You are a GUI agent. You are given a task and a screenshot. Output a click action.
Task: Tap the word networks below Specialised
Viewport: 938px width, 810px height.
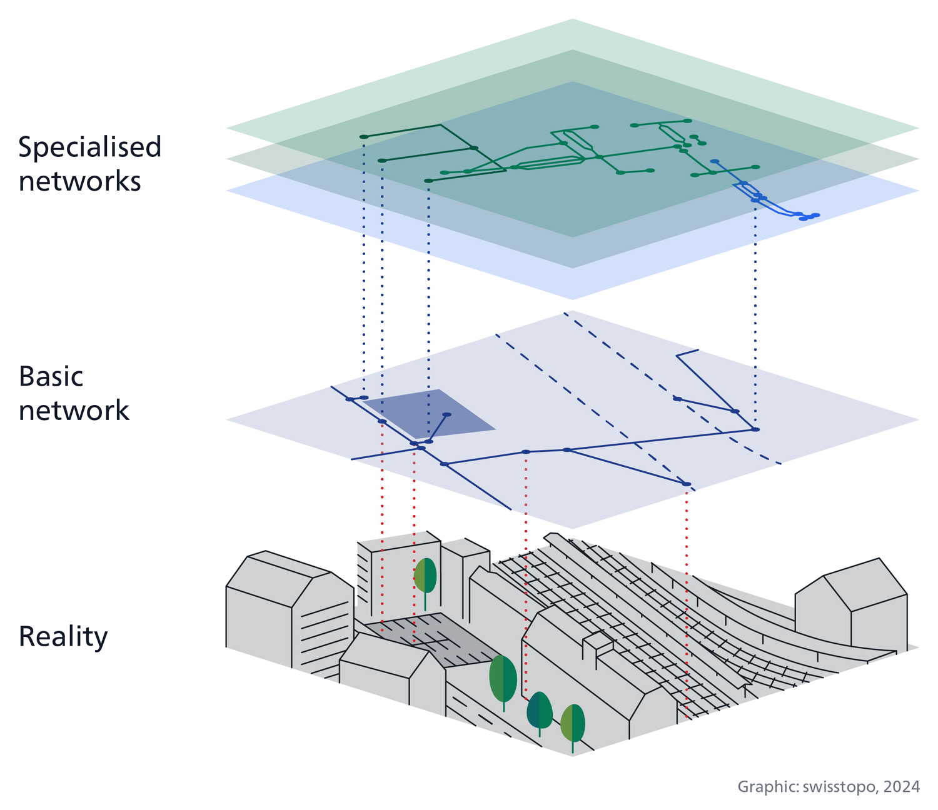pos(79,182)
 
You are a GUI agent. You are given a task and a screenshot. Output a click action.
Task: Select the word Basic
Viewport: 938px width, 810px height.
pos(51,377)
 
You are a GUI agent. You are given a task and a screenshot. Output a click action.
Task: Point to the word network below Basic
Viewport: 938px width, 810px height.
pos(74,411)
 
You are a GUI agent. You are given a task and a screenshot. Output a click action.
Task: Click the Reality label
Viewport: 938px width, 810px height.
pos(63,637)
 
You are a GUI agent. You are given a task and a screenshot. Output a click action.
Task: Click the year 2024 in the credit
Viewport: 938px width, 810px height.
pos(902,786)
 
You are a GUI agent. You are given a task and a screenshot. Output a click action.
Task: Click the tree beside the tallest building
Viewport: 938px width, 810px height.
pos(425,576)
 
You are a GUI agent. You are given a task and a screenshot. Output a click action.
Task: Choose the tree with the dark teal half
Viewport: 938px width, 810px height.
pos(539,710)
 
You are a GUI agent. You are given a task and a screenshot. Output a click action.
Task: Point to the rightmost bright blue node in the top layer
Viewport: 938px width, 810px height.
pos(815,216)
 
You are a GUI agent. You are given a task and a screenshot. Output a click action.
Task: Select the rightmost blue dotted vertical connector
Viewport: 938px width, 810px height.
pos(755,312)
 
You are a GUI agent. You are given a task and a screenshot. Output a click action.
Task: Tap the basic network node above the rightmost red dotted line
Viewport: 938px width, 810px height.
pos(687,484)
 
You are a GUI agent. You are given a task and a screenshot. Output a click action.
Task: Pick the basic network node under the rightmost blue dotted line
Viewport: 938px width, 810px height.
pos(755,429)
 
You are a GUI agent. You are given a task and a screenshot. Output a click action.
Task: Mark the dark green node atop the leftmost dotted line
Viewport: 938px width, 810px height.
pos(364,136)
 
